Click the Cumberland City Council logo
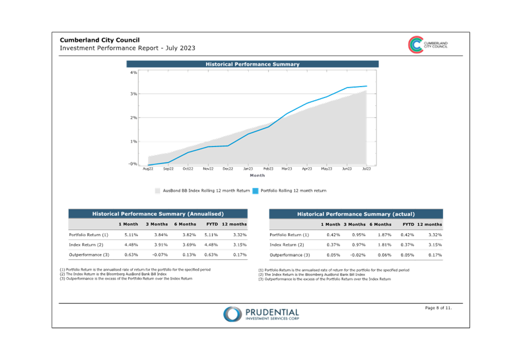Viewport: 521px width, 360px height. (428, 45)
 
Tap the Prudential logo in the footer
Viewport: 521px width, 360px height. (261, 314)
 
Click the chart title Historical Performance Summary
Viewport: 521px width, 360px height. (253, 64)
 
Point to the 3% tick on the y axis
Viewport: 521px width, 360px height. (133, 94)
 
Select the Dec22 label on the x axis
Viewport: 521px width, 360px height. (228, 168)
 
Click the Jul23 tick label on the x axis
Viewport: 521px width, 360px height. (366, 168)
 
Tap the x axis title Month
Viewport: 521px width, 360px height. (258, 175)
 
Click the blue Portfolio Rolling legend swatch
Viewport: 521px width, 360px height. (255, 191)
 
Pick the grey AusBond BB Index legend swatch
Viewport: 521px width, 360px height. (157, 191)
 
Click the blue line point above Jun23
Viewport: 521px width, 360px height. (347, 88)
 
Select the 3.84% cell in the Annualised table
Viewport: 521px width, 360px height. (161, 235)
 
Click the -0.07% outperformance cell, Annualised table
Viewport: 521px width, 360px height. (160, 255)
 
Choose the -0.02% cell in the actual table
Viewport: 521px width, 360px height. (358, 255)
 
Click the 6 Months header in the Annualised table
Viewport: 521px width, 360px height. (185, 224)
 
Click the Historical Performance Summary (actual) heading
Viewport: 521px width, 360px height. (356, 214)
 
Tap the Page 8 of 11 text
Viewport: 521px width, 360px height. (438, 308)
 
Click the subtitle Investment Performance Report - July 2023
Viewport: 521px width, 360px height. (127, 48)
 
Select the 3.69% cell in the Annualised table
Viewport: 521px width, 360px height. (189, 245)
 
